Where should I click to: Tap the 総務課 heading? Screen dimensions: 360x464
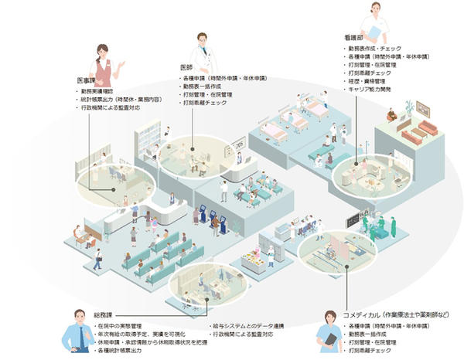[x=103, y=316]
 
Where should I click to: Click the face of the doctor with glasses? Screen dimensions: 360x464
[x=202, y=42]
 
